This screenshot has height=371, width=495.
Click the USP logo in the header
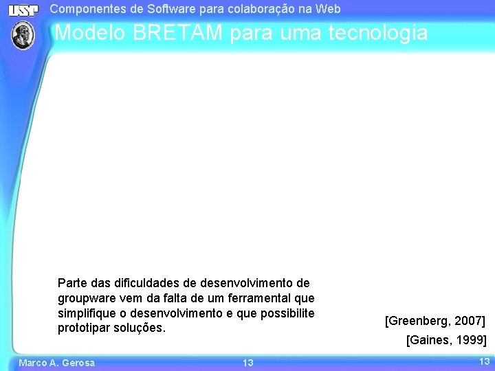pyautogui.click(x=24, y=10)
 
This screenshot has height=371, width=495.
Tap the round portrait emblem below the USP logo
pyautogui.click(x=24, y=34)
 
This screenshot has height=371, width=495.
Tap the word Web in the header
pyautogui.click(x=328, y=9)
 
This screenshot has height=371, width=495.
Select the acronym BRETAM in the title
pyautogui.click(x=175, y=32)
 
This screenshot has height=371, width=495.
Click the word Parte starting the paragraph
pyautogui.click(x=72, y=283)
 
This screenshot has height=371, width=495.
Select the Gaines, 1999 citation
pyautogui.click(x=447, y=340)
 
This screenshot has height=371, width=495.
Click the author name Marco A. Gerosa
pyautogui.click(x=56, y=363)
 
